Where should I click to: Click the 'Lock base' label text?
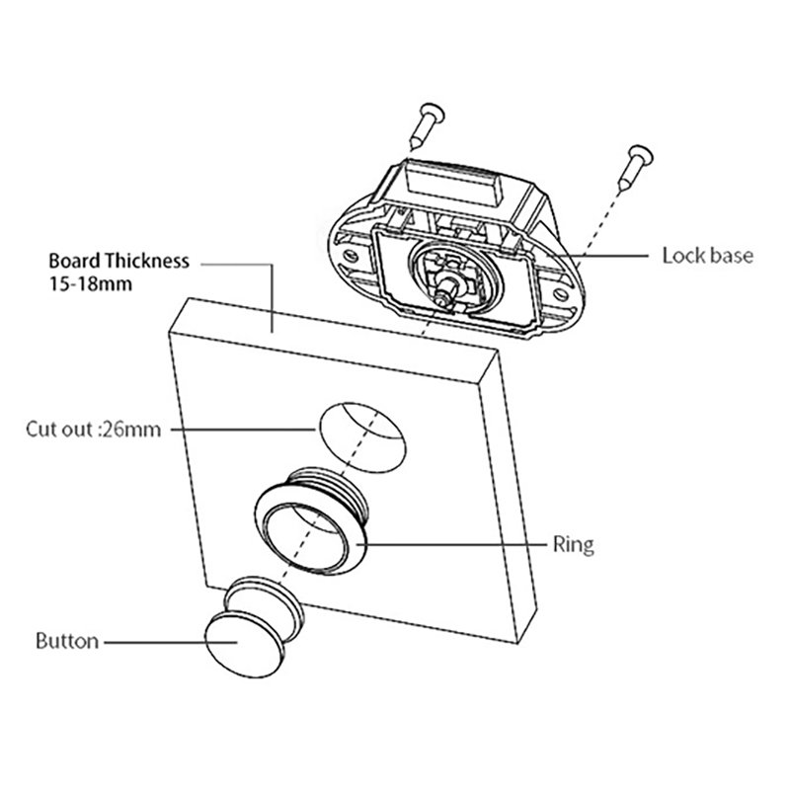pyautogui.click(x=707, y=256)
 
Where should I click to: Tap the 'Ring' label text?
pyautogui.click(x=574, y=544)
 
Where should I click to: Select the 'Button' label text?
pyautogui.click(x=67, y=641)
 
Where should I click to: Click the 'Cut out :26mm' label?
pyautogui.click(x=93, y=430)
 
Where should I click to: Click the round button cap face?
pyautogui.click(x=237, y=643)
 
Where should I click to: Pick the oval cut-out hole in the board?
pyautogui.click(x=361, y=432)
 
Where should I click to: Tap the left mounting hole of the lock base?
pyautogui.click(x=352, y=261)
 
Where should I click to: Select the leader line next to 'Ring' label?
pyautogui.click(x=454, y=542)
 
